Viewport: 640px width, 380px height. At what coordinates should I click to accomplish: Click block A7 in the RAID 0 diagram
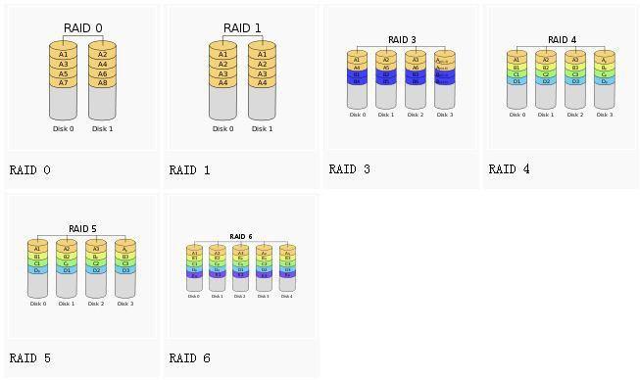click(63, 83)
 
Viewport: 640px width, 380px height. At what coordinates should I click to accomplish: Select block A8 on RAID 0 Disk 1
click(102, 83)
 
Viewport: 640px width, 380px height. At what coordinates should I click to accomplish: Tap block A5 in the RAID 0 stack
click(63, 73)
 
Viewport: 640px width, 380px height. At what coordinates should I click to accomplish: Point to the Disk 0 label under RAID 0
click(63, 128)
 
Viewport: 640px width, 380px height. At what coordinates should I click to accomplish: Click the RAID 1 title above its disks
click(242, 28)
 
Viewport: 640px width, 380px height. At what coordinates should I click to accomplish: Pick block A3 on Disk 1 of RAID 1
click(262, 73)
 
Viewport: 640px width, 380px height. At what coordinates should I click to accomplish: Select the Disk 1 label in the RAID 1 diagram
click(262, 128)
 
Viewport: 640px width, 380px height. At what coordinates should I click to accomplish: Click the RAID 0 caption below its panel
click(29, 169)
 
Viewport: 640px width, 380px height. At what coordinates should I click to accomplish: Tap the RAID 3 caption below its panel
click(349, 169)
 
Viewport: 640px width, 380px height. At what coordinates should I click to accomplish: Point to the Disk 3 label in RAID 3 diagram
click(444, 115)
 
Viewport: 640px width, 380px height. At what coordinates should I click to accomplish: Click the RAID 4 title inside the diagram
click(562, 40)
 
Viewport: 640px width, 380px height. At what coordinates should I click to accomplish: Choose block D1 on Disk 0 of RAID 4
click(517, 81)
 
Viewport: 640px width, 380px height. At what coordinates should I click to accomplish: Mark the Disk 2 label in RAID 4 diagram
click(574, 115)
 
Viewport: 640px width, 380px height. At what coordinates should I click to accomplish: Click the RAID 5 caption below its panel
click(29, 358)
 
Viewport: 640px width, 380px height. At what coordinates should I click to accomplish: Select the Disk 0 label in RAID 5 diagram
click(37, 304)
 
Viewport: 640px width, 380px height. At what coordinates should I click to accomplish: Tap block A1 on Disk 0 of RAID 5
click(37, 249)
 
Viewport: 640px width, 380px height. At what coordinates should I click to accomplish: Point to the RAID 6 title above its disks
click(240, 237)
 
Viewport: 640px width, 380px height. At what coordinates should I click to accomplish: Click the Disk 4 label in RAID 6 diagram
click(286, 296)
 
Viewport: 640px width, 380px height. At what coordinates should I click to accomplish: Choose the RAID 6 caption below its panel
click(189, 358)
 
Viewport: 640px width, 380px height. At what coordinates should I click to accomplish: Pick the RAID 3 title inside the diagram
click(402, 40)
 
